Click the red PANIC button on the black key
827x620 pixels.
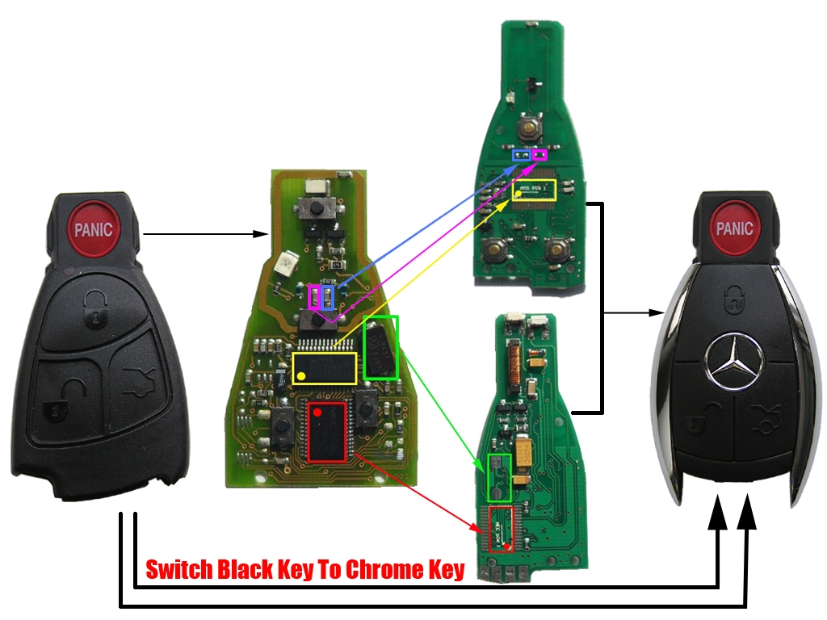tap(94, 229)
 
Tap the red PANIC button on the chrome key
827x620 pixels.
tap(734, 228)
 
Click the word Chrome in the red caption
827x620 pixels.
tap(380, 570)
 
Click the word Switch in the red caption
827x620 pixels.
tap(178, 570)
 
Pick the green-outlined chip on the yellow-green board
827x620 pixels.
tap(381, 347)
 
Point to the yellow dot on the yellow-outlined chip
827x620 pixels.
tap(301, 376)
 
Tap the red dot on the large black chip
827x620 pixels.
tap(317, 412)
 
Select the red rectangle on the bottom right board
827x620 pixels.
tap(500, 529)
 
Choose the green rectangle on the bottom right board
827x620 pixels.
tap(500, 475)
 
